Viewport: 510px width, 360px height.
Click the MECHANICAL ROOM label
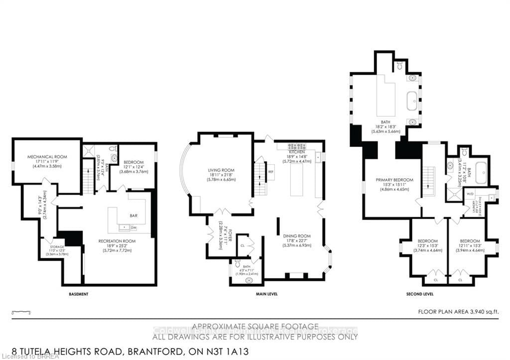47,157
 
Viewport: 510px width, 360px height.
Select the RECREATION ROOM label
117,241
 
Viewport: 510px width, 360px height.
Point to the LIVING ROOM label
221,170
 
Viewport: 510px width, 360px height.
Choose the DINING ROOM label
297,236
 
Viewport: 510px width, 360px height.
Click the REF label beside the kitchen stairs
271,172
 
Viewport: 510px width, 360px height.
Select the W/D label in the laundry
470,193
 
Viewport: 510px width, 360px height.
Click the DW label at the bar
133,228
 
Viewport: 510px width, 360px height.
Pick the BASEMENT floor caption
79,294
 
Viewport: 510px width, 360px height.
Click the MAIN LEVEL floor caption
267,294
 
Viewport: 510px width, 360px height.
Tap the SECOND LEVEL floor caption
421,294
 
